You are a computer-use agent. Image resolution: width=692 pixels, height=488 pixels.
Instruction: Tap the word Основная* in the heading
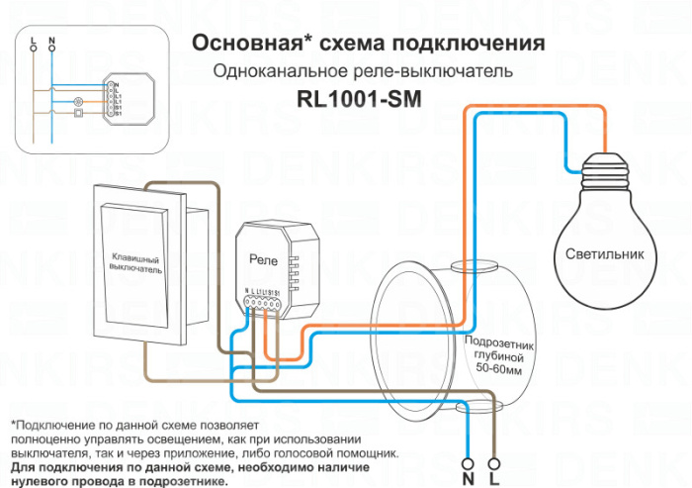pos(248,44)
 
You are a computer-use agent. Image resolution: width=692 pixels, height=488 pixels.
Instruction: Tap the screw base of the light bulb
pos(604,170)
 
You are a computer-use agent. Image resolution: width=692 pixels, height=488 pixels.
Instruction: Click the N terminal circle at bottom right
pos(467,462)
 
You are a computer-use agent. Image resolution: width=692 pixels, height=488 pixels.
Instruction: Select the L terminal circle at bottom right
pos(494,462)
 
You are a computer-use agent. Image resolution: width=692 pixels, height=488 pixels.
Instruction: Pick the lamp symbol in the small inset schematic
pos(79,101)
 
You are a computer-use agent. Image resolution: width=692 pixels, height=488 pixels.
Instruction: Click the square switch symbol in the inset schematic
pos(79,114)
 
